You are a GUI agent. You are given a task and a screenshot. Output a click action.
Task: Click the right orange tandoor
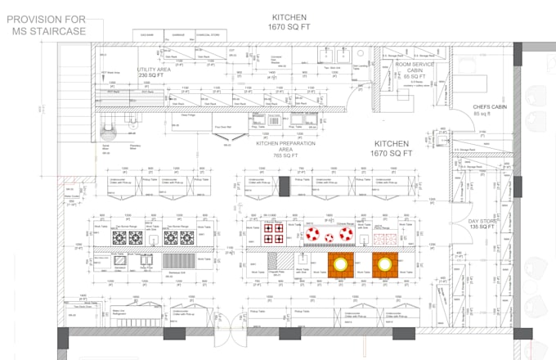[383, 263]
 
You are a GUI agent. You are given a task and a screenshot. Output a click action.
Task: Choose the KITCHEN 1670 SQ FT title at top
[289, 22]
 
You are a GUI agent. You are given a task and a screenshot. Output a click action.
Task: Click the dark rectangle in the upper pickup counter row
[285, 186]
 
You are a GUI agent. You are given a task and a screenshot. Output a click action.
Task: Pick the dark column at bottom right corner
[518, 334]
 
